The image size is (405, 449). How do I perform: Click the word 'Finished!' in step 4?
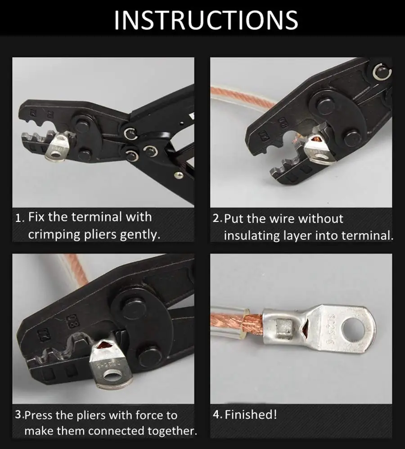(x=251, y=414)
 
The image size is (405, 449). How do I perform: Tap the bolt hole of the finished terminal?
(x=354, y=330)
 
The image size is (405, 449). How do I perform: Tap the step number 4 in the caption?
(x=216, y=415)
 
